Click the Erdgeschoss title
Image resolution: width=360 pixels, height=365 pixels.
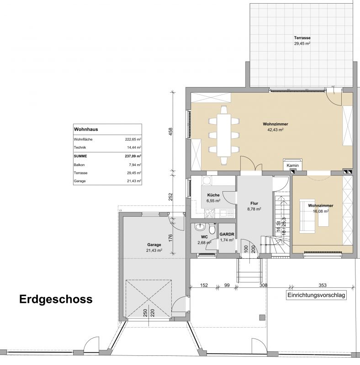[x=56, y=299]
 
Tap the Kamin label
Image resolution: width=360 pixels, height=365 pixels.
[x=293, y=166]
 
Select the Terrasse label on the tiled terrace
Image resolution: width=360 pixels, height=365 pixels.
[x=302, y=38]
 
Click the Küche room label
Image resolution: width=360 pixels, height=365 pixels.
[x=213, y=195]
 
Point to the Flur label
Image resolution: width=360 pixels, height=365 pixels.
[x=254, y=203]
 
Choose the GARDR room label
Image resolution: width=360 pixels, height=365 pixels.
[x=227, y=235]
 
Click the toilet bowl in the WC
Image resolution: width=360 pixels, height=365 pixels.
[x=212, y=229]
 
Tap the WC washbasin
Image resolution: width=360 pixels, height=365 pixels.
[x=200, y=227]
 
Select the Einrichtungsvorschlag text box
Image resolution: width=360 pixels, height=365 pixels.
[x=316, y=295]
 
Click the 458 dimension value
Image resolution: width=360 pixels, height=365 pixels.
[x=171, y=131]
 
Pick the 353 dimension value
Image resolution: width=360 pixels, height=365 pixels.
[x=323, y=285]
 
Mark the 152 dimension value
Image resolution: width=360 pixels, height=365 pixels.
[x=204, y=285]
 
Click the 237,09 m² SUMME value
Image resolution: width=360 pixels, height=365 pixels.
[x=133, y=156]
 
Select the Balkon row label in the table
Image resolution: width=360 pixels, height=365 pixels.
[x=79, y=165]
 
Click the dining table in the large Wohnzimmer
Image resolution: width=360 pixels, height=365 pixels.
[x=224, y=135]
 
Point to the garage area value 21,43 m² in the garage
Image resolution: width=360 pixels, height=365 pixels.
[x=154, y=250]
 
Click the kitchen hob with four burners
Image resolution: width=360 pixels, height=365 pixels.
[x=210, y=214]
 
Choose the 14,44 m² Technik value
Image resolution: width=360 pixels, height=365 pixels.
[x=134, y=147]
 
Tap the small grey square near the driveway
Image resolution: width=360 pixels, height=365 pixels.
[x=262, y=318]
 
